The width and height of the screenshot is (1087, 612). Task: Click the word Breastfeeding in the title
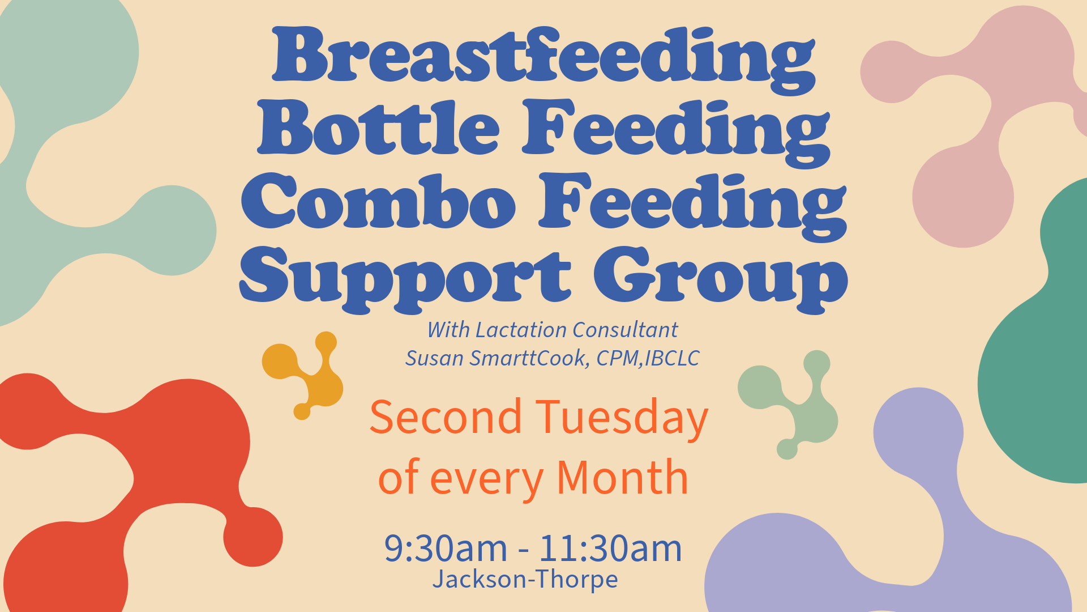(x=543, y=59)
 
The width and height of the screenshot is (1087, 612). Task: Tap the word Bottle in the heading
(x=378, y=127)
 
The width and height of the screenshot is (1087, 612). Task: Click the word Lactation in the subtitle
(x=521, y=330)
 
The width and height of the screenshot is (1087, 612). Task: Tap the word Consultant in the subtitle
(x=625, y=330)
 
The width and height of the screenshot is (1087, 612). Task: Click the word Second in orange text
(x=446, y=417)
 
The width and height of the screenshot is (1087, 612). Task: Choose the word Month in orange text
(x=622, y=477)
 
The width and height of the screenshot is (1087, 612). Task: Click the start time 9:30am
(x=446, y=548)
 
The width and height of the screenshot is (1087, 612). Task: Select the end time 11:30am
(x=610, y=548)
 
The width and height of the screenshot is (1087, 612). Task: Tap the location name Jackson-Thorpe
(x=525, y=579)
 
